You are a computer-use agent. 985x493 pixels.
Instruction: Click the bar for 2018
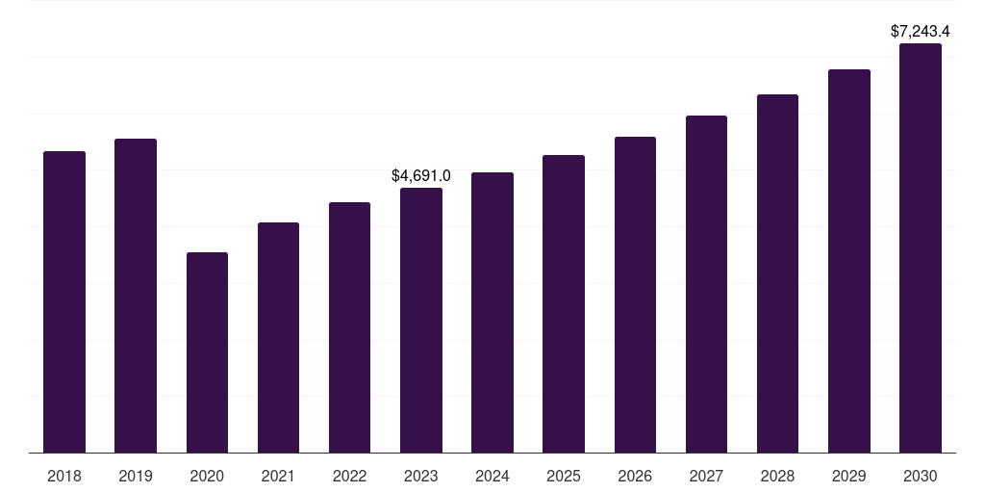point(64,301)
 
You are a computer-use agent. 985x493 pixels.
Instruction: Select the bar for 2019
point(136,296)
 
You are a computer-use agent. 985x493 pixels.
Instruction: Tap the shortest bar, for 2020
point(208,352)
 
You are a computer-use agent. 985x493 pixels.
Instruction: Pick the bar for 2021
point(278,338)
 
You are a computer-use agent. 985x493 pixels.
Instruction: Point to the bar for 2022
point(349,327)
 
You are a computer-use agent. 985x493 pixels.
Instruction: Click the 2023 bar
point(421,320)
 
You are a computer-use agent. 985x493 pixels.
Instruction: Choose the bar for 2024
point(492,313)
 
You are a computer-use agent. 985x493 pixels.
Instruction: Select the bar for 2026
point(635,295)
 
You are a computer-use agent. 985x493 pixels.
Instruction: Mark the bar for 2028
point(777,273)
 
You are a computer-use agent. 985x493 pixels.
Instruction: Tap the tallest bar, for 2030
point(921,247)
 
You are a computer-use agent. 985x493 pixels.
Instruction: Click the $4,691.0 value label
point(421,175)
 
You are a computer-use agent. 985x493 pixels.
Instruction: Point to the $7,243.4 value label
point(921,32)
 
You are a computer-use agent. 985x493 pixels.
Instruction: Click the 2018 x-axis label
point(64,476)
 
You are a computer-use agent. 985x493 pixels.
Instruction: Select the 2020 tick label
point(207,476)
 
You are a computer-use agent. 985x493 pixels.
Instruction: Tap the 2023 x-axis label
point(421,476)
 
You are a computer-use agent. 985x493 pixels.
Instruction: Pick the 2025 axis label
point(564,476)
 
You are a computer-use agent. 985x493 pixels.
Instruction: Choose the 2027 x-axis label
point(706,476)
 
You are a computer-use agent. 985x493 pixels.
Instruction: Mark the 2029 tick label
point(848,476)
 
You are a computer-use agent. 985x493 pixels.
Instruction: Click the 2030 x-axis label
point(921,476)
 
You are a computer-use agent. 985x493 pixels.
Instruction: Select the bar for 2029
point(849,261)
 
